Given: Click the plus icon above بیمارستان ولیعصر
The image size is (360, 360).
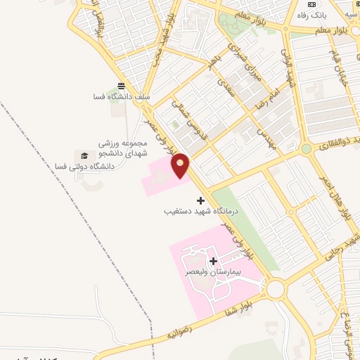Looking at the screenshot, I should (213, 262).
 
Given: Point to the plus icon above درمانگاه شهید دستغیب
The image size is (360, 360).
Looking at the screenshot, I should (200, 200).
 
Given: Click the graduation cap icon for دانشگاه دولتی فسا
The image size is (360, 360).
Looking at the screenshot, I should (85, 155).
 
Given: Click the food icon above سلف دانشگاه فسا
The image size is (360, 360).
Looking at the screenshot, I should (122, 86).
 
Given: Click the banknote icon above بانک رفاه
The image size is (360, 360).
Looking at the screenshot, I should (311, 4).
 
